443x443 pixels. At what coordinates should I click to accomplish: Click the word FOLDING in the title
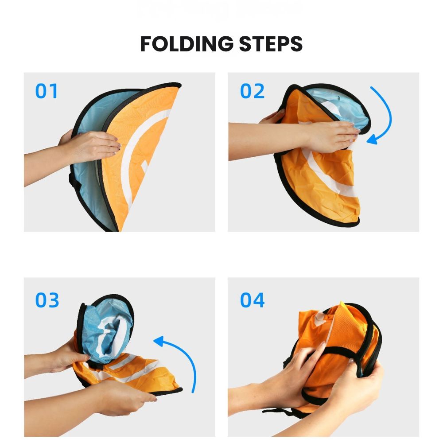click(x=187, y=44)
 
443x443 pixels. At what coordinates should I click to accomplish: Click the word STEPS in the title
click(x=271, y=44)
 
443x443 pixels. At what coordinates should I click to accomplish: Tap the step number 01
click(x=47, y=91)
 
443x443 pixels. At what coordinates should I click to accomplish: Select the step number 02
click(x=252, y=91)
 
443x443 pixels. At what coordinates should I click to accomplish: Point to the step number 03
click(x=47, y=300)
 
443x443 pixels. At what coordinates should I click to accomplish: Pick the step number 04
click(x=253, y=300)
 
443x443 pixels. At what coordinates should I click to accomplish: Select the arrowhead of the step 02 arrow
click(x=373, y=139)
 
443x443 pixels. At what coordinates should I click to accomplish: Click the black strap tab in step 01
click(x=74, y=181)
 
